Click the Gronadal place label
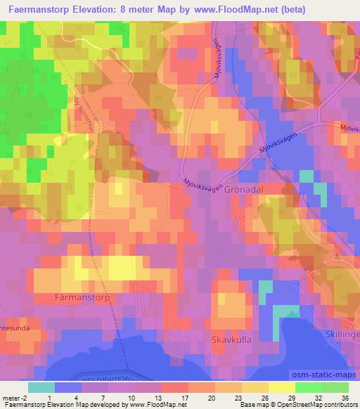coord(246,190)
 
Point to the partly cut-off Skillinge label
coord(342,334)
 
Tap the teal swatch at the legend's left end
coord(42,387)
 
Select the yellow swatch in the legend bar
coord(281,387)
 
